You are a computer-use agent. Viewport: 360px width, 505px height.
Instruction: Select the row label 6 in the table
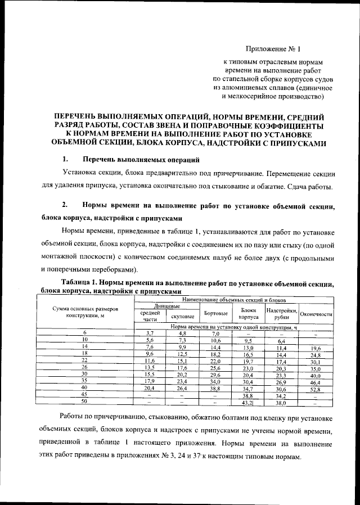[85, 333]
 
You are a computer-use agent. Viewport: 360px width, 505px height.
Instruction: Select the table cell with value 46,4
[315, 382]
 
